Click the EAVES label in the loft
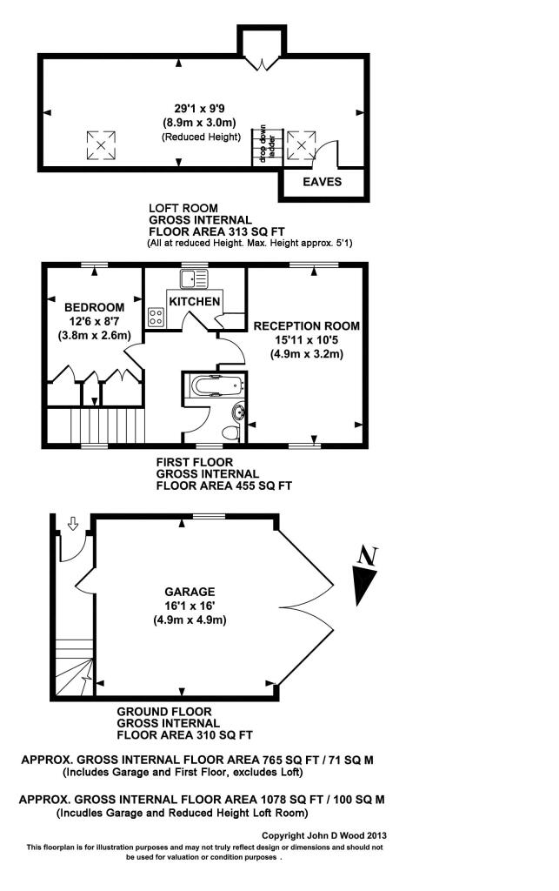click(322, 182)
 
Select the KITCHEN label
click(195, 301)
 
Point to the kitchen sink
click(194, 279)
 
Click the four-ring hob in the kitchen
click(156, 318)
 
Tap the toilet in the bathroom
click(231, 432)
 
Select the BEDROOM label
click(94, 307)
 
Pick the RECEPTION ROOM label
click(306, 325)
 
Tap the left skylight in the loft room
click(101, 144)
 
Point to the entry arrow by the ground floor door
click(72, 524)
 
